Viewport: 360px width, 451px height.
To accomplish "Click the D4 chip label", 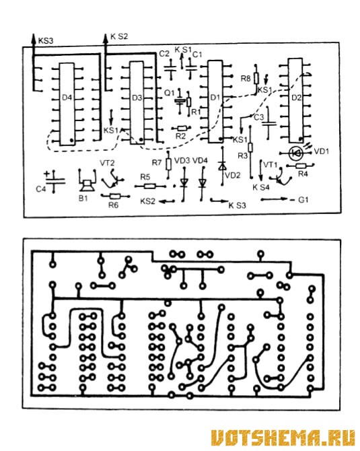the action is point(67,98).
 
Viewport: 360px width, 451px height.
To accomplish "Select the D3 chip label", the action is point(137,98).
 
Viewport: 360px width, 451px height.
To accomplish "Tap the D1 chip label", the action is point(215,98).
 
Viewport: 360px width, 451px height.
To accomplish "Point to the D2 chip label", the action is point(296,98).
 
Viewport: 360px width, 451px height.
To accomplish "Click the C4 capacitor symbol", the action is point(54,182).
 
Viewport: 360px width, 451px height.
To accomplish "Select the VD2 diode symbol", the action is point(222,166).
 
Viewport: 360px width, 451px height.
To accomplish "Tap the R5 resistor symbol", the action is point(150,186).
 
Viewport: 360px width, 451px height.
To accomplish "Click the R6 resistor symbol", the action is point(115,197).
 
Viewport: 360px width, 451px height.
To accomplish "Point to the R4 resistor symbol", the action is point(301,166).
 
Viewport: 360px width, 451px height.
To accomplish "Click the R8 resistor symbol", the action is point(256,79).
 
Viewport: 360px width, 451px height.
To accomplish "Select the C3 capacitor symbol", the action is point(269,124).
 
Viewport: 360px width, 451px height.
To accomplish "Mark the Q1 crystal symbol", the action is point(180,101).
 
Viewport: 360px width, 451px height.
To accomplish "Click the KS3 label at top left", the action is point(46,40).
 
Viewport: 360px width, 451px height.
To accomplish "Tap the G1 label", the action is point(303,199).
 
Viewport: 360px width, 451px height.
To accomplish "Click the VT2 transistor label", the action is point(107,163).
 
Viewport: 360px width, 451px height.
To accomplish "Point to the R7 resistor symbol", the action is point(168,164).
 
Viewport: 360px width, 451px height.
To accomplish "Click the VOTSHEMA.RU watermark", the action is point(283,438).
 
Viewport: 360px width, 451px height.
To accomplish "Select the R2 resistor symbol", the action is point(181,129).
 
